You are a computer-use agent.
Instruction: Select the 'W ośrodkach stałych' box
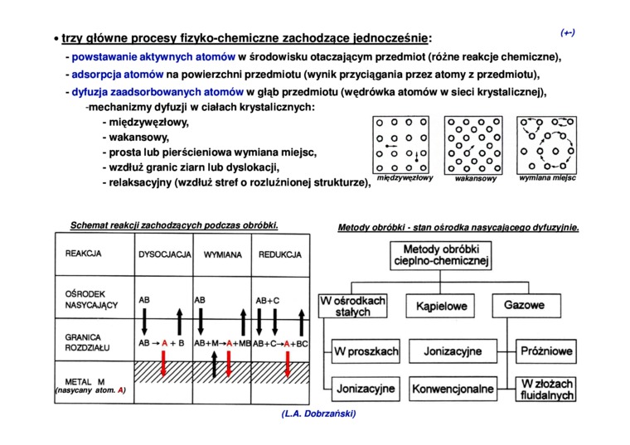(x=353, y=307)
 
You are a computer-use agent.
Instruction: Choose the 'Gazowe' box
(x=524, y=306)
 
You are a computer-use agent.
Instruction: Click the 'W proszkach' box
(x=366, y=352)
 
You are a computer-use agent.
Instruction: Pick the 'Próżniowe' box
(x=545, y=352)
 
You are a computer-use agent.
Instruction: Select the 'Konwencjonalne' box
(x=453, y=388)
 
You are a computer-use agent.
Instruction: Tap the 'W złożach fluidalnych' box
(x=545, y=389)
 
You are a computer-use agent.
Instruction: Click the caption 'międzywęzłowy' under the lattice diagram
(x=405, y=178)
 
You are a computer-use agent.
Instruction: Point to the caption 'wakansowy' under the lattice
(x=476, y=179)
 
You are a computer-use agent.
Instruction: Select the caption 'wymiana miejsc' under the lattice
(x=547, y=178)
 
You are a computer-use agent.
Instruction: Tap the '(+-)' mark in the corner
(x=568, y=32)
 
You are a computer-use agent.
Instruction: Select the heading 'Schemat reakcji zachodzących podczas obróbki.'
(x=173, y=225)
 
